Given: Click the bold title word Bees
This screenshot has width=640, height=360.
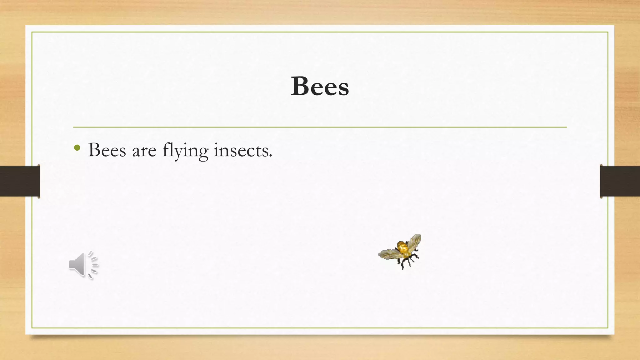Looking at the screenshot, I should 320,86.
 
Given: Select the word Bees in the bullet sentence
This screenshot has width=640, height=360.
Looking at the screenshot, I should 107,150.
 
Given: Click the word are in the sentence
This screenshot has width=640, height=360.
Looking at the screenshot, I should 144,151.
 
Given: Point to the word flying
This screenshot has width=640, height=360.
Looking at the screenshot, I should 185,151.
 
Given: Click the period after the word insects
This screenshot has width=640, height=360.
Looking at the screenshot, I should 271,156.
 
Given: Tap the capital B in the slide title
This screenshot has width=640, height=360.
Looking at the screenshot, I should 299,86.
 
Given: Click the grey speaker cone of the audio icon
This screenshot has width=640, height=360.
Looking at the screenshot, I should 77,265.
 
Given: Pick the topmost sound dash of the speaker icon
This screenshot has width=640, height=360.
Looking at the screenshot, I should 90,254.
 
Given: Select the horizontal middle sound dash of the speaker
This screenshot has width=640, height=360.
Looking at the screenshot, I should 95,265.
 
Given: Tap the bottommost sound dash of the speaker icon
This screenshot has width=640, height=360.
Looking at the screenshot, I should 90,276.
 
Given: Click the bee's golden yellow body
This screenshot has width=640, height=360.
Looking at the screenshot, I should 402,248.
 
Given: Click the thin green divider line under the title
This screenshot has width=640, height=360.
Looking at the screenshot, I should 320,127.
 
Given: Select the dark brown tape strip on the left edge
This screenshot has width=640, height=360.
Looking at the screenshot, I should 20,181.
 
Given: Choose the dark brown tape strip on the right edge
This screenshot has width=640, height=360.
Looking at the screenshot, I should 620,181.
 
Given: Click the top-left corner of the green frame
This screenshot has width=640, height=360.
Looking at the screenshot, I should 32,32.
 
